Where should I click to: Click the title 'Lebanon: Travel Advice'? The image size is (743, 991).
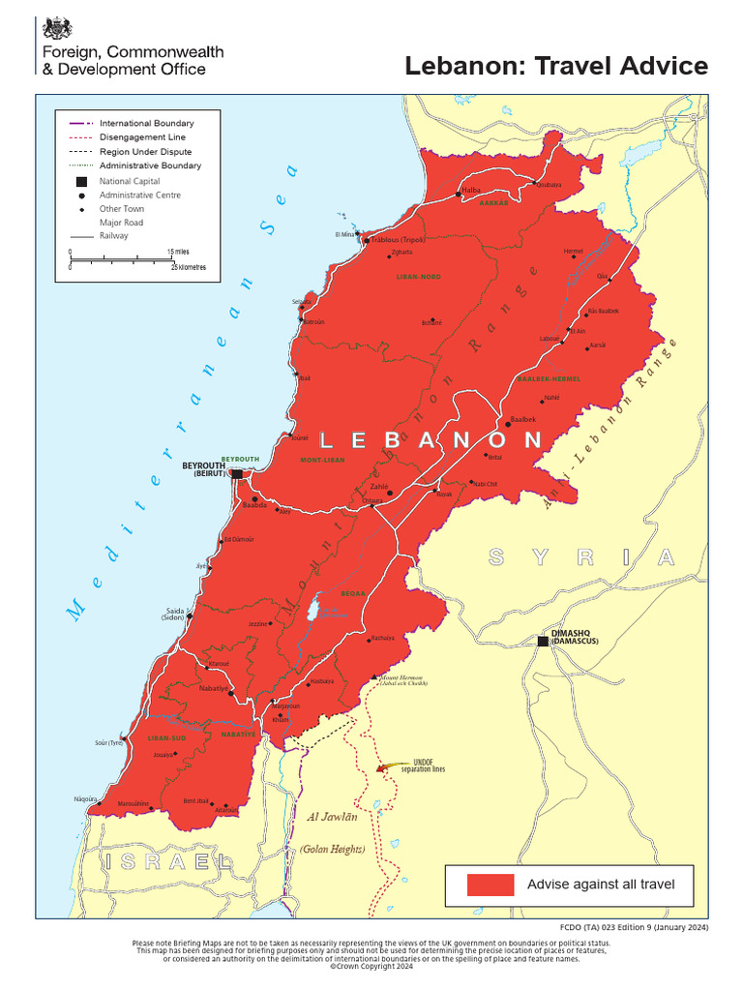tap(555, 66)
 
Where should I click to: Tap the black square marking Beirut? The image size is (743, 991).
tap(237, 473)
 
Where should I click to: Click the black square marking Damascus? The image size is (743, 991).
tap(544, 641)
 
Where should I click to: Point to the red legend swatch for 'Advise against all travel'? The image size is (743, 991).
tap(490, 885)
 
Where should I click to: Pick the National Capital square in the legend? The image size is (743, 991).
tap(81, 181)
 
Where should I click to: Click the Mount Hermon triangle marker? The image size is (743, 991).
tap(374, 676)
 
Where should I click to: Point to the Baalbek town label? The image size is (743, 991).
tap(521, 418)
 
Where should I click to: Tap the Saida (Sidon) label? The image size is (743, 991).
tap(173, 614)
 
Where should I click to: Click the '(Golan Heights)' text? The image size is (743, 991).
tap(332, 849)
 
